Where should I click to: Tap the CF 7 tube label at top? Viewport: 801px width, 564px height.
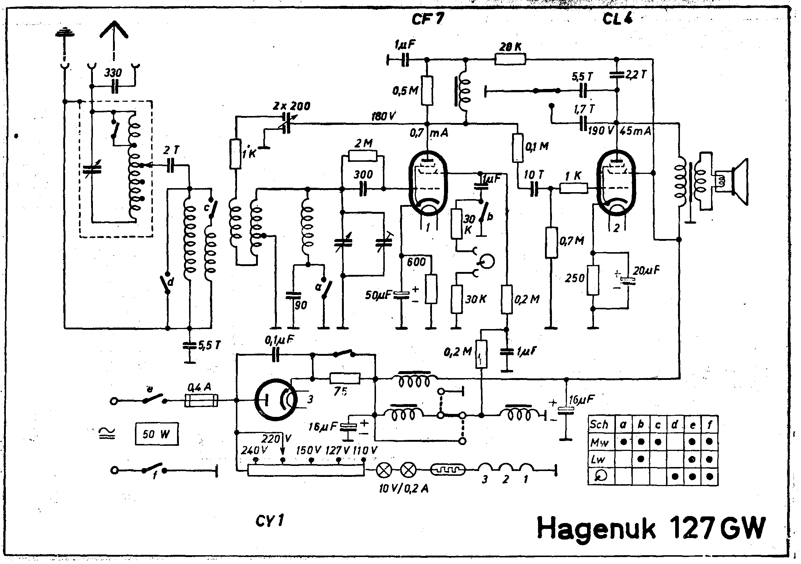pyautogui.click(x=427, y=18)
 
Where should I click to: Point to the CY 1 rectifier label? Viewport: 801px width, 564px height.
pyautogui.click(x=270, y=521)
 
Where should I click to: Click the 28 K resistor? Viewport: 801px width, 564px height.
pyautogui.click(x=510, y=59)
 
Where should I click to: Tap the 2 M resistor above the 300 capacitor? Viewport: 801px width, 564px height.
pyautogui.click(x=362, y=156)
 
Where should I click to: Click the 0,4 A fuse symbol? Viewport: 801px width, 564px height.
pyautogui.click(x=202, y=400)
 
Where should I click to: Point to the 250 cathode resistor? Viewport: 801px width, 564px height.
pyautogui.click(x=593, y=280)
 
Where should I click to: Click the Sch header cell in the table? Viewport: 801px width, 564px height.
pyautogui.click(x=601, y=425)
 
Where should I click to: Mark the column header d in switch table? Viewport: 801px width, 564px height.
pyautogui.click(x=675, y=425)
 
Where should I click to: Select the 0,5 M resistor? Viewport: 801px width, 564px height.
pyautogui.click(x=426, y=90)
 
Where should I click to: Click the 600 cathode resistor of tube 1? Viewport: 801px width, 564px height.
pyautogui.click(x=431, y=289)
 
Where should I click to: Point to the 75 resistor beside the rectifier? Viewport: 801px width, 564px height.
pyautogui.click(x=345, y=378)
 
